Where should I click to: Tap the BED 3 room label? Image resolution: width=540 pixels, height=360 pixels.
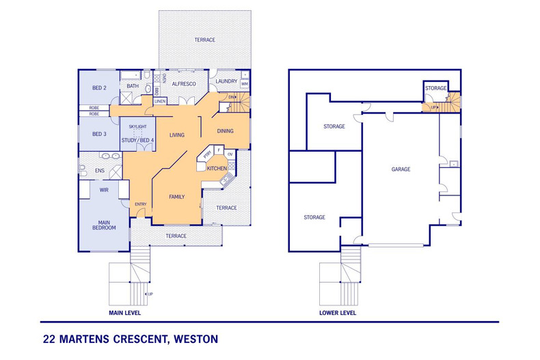[99, 134]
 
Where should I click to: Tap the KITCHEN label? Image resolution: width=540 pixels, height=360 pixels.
[217, 167]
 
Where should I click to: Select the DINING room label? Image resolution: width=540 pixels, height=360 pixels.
[225, 130]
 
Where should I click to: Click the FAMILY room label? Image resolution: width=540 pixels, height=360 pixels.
[178, 197]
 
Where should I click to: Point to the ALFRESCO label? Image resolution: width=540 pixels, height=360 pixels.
[184, 83]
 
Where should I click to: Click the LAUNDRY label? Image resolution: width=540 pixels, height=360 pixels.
[226, 81]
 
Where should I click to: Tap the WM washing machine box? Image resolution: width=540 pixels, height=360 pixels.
[244, 84]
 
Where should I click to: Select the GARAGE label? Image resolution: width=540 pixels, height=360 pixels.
[401, 169]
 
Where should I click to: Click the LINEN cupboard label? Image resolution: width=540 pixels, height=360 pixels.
[160, 101]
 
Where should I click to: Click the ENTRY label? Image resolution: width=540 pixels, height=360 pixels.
[140, 204]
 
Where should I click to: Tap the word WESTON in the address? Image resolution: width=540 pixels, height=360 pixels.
[196, 338]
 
